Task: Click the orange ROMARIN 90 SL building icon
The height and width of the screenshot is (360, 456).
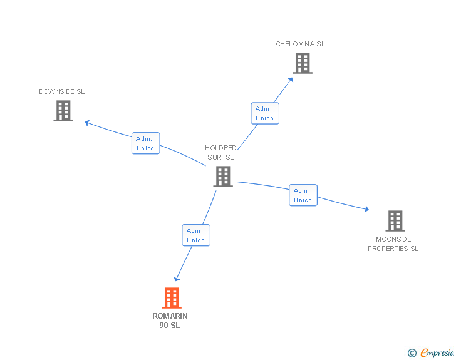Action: click(x=172, y=298)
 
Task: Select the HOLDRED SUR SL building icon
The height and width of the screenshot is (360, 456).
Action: click(x=222, y=177)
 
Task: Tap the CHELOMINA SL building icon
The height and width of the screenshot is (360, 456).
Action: click(x=303, y=63)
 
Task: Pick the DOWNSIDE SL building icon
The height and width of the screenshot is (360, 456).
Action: click(x=63, y=111)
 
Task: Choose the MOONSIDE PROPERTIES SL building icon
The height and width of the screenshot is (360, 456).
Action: click(x=395, y=221)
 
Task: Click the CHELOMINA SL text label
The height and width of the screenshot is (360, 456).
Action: click(x=301, y=44)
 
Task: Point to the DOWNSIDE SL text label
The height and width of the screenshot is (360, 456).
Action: click(x=61, y=91)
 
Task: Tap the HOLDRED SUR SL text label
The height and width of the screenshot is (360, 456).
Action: click(x=220, y=153)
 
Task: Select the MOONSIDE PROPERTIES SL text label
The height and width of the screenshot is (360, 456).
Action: click(x=393, y=244)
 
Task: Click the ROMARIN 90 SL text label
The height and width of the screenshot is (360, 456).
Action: click(x=170, y=321)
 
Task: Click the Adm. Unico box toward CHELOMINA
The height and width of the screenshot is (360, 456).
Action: click(x=264, y=113)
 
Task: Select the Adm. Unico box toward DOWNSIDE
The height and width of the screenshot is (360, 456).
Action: click(x=145, y=143)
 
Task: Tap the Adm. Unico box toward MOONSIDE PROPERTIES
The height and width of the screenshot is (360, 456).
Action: click(x=303, y=195)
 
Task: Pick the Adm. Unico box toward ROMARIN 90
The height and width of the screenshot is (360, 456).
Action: click(x=195, y=235)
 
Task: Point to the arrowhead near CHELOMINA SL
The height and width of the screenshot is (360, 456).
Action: click(x=291, y=79)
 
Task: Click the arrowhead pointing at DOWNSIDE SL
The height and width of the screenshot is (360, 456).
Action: click(x=88, y=122)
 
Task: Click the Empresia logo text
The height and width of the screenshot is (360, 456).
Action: click(x=437, y=353)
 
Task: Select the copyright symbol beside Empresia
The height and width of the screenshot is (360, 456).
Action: click(x=412, y=353)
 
